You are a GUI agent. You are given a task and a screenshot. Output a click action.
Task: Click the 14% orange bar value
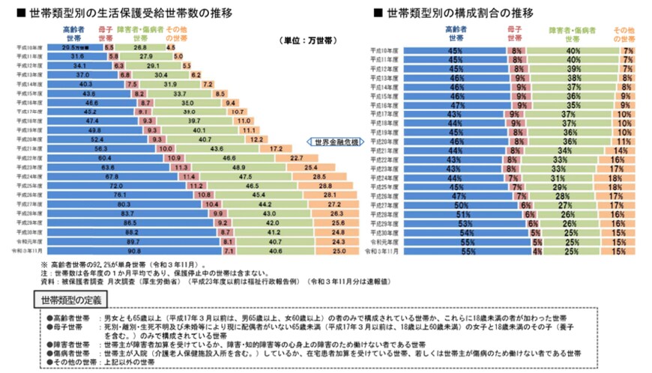point(621,151)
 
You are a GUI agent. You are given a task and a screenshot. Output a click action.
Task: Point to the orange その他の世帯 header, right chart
point(624,33)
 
